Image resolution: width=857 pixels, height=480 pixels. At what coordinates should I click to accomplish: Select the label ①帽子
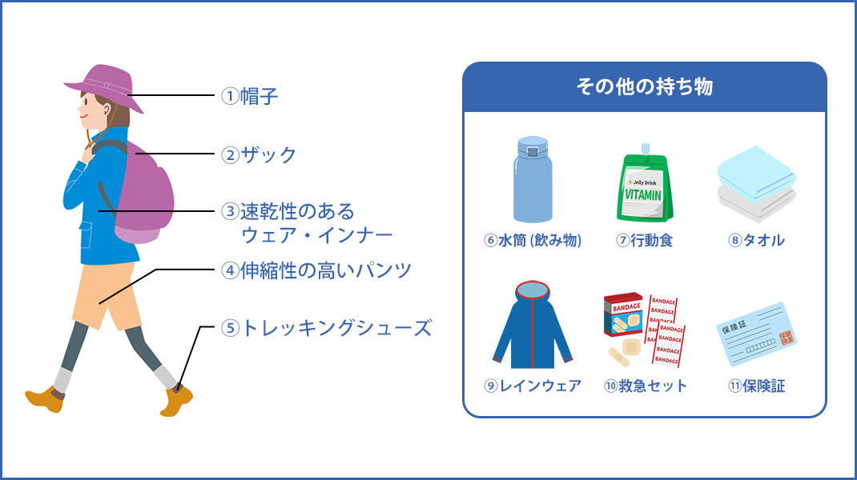(250, 96)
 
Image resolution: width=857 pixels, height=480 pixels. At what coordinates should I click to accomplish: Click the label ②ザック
(259, 154)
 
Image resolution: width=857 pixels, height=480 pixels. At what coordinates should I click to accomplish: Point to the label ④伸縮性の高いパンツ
(316, 270)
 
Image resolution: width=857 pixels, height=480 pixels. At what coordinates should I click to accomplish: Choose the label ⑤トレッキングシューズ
(326, 328)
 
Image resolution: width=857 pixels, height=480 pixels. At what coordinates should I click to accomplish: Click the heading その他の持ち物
(645, 87)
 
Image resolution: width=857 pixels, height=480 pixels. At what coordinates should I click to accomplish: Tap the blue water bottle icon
(533, 180)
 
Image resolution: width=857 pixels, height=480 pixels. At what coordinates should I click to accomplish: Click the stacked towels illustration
(756, 184)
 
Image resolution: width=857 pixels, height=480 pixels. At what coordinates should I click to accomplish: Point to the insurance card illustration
(757, 334)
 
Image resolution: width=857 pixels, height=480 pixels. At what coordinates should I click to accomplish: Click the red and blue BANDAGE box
(624, 315)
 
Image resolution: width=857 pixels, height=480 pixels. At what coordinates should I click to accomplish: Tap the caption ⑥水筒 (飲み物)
(533, 240)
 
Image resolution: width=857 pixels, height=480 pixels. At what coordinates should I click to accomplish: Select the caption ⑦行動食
(645, 240)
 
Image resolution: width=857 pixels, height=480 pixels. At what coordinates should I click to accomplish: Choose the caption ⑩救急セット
(645, 386)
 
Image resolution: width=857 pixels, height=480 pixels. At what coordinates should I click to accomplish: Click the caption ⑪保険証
(756, 386)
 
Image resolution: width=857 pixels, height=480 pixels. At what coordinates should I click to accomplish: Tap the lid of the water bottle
(533, 146)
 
